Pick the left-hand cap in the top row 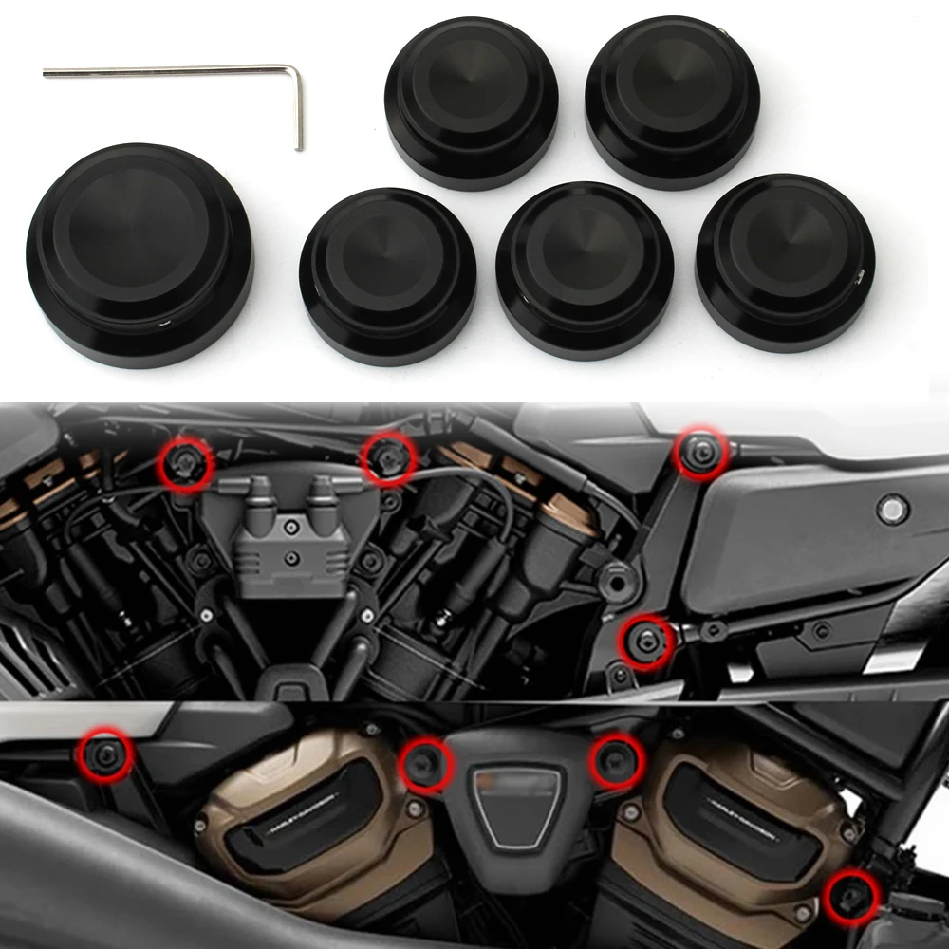point(471,102)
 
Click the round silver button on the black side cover point(892,510)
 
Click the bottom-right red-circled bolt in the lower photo point(847,895)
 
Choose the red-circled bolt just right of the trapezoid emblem point(617,761)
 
